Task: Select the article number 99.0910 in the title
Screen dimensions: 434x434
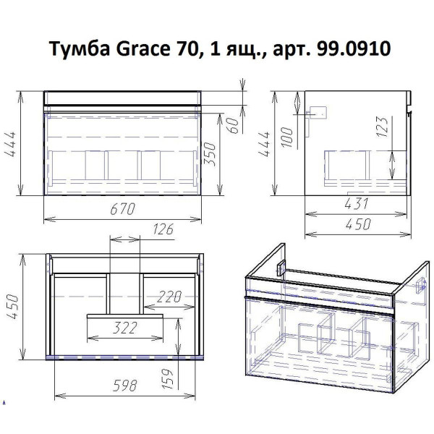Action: click(x=355, y=50)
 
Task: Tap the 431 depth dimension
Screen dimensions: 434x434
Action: click(x=356, y=204)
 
